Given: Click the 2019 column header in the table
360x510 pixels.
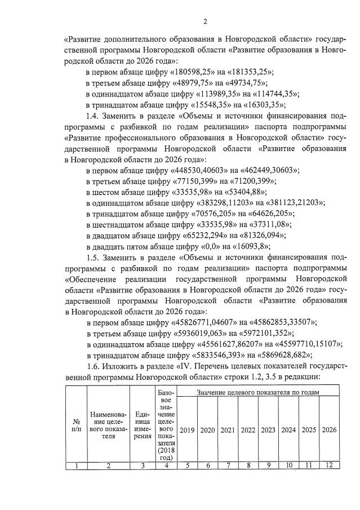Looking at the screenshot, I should click(187, 430).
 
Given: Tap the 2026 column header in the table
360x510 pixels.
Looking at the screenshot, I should click(328, 430).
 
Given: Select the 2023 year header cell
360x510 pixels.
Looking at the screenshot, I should click(268, 430).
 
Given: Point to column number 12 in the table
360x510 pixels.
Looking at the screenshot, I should click(328, 465).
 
